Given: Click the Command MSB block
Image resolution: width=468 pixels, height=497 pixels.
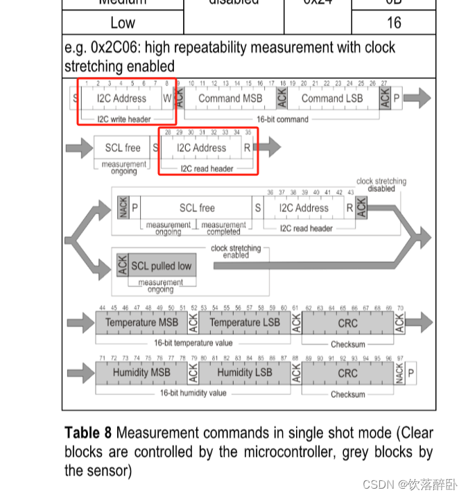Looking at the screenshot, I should pos(230,98).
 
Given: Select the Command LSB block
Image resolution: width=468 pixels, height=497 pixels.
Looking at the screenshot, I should pos(332,98).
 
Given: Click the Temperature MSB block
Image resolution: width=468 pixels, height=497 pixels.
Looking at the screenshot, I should pos(141,322).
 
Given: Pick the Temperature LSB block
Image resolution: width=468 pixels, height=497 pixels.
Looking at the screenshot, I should pos(245,322).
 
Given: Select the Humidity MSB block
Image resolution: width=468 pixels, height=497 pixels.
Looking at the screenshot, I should pos(141,372).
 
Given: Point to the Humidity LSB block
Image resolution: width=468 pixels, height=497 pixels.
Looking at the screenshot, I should pos(245,372).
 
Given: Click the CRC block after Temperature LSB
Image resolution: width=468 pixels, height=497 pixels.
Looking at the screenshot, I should pos(347,323).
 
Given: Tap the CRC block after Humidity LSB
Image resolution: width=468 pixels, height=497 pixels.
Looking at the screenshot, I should pos(347,373).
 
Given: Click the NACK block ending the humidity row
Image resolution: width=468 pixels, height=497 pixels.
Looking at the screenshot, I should pos(399,373).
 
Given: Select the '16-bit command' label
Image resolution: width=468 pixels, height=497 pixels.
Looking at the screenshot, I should pos(282,119).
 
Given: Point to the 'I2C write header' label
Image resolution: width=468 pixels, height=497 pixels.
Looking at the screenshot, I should pos(124,119).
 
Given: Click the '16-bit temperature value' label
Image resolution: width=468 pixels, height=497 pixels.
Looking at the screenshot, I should pos(193,343).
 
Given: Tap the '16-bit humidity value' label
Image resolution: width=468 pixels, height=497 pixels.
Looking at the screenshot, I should pos(193,393).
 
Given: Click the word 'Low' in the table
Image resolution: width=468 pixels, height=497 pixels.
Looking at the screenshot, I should pos(123,22).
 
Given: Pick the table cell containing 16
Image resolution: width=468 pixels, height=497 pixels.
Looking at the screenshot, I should pos(393,22).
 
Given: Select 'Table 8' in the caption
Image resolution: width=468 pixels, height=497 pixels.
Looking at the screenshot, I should pos(88,433).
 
